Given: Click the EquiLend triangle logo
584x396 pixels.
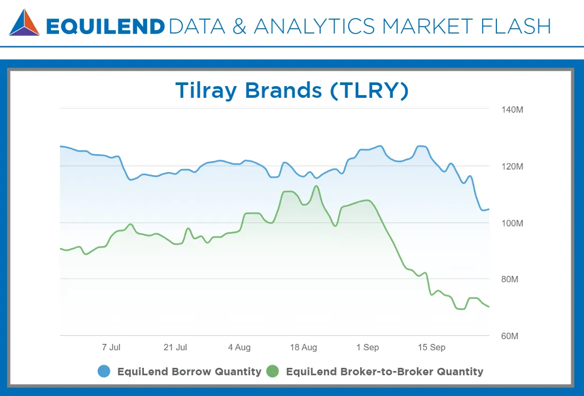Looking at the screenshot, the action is coord(24,22).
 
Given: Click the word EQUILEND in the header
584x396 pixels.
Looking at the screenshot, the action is coord(106,27).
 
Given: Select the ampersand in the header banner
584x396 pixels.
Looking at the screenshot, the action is coord(239,27).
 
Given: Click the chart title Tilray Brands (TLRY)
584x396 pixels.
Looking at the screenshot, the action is coord(292,90).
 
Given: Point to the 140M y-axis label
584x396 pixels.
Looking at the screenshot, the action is coord(512,109).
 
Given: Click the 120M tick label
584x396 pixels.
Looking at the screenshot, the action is coord(512,166).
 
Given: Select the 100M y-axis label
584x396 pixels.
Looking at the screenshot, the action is coord(512,223).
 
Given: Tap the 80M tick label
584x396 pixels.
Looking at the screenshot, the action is coord(510,279).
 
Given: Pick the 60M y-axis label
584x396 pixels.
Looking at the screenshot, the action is coord(510,336).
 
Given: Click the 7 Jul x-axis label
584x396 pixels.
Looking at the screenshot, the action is coord(111,347).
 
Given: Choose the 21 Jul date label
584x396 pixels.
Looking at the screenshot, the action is coord(175,347).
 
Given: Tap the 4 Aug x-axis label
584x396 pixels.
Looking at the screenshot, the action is coord(239,347).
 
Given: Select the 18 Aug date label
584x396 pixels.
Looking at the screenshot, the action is coord(303,347).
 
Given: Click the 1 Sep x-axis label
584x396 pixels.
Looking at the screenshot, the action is coord(367,347).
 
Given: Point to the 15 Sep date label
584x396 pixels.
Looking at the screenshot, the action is coord(431,347).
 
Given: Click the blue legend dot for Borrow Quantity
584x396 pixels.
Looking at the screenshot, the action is coord(104,372).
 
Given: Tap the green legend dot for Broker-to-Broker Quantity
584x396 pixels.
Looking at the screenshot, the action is coord(273,372).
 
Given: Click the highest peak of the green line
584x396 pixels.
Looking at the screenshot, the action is coord(316,186).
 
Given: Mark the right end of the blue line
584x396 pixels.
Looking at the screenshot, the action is coord(488,209).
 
